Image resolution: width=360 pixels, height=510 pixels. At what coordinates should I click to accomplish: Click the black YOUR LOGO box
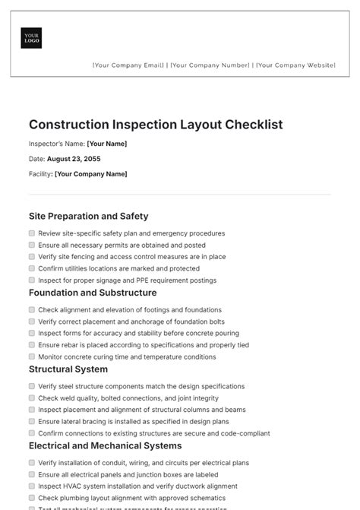tap(32, 38)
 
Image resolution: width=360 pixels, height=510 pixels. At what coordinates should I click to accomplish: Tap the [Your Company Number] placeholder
tap(210, 65)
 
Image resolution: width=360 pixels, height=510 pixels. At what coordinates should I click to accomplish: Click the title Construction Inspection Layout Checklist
tap(156, 124)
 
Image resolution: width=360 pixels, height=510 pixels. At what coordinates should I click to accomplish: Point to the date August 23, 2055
tap(74, 159)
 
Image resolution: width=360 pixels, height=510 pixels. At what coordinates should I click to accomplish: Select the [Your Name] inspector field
tap(107, 144)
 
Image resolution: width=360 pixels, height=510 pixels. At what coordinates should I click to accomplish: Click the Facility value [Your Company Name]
tap(91, 174)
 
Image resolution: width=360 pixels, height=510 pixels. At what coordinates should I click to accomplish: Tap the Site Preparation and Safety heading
tap(88, 216)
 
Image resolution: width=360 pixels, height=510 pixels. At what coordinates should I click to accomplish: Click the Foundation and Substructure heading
tap(93, 293)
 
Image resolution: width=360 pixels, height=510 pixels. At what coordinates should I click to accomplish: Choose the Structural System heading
tap(68, 369)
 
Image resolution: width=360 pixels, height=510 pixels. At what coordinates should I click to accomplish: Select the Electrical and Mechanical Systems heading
tap(105, 445)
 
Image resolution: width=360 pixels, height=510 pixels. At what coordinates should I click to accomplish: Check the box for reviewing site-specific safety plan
tap(32, 233)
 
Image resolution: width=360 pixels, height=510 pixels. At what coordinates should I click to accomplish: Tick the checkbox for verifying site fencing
tap(32, 257)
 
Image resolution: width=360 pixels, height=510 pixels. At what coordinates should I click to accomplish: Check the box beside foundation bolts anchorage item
tap(32, 322)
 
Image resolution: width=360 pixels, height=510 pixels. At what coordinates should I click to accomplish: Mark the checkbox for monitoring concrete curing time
tap(32, 356)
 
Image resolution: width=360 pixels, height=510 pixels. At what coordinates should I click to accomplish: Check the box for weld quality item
tap(32, 398)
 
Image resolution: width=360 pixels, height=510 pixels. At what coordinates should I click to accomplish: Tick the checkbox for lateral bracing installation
tap(32, 421)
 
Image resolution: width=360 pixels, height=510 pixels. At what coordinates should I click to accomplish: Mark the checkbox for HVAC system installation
tap(32, 486)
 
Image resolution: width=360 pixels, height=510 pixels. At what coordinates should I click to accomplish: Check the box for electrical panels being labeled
tap(32, 474)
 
